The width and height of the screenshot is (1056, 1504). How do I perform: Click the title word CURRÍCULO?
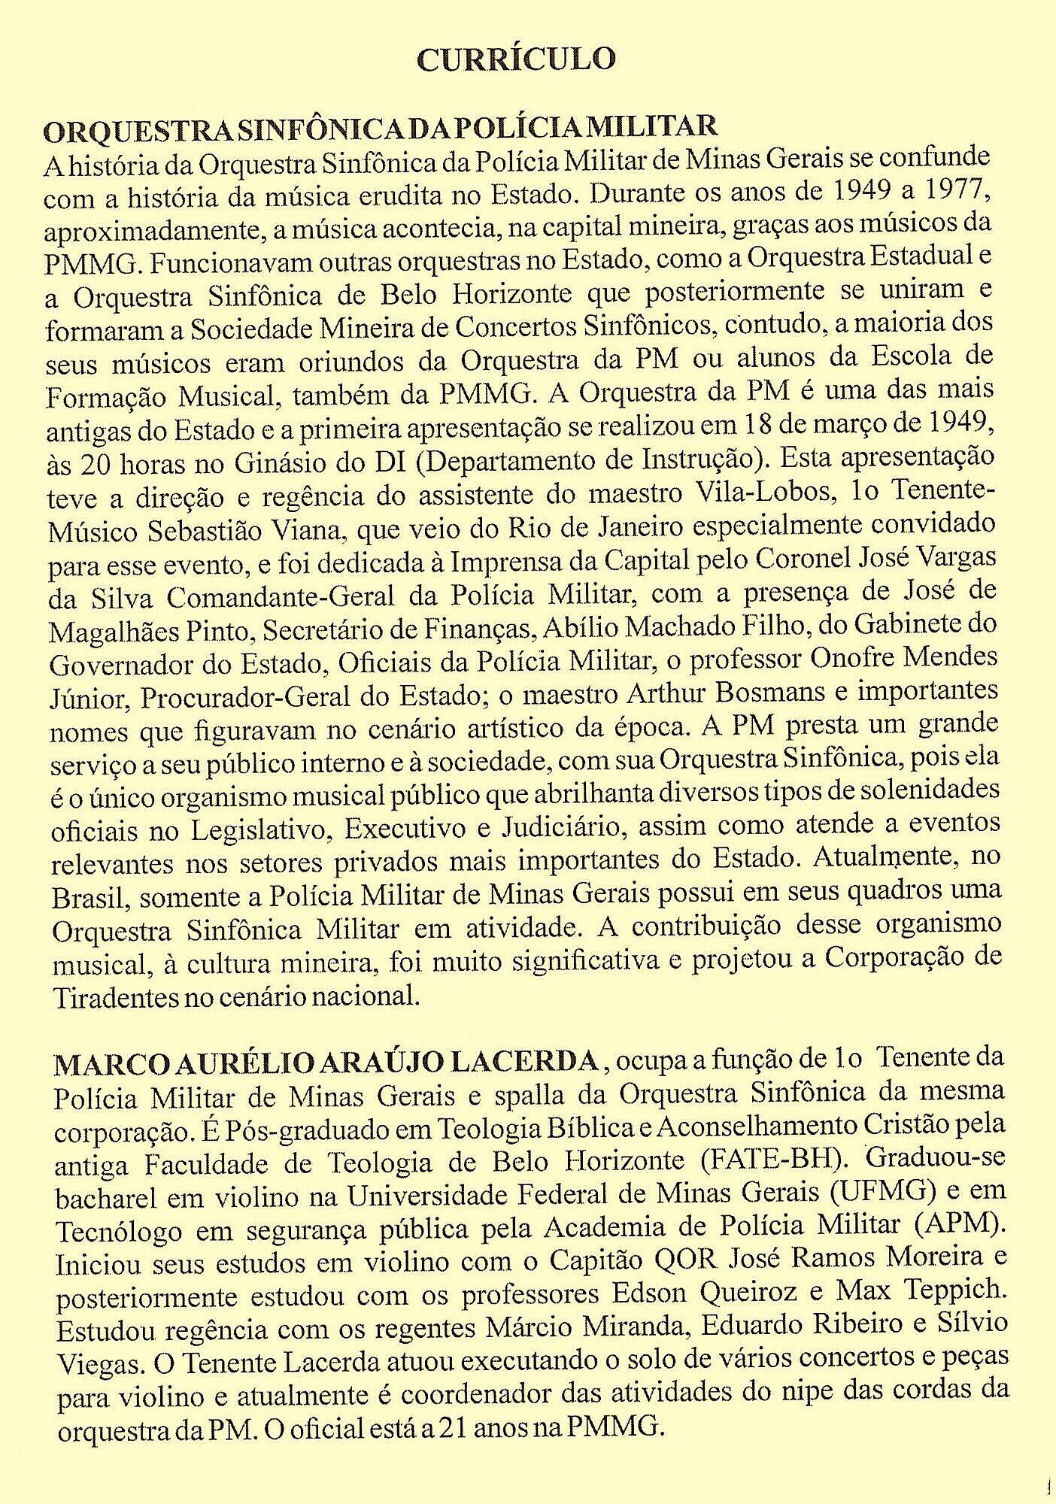pyautogui.click(x=515, y=59)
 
